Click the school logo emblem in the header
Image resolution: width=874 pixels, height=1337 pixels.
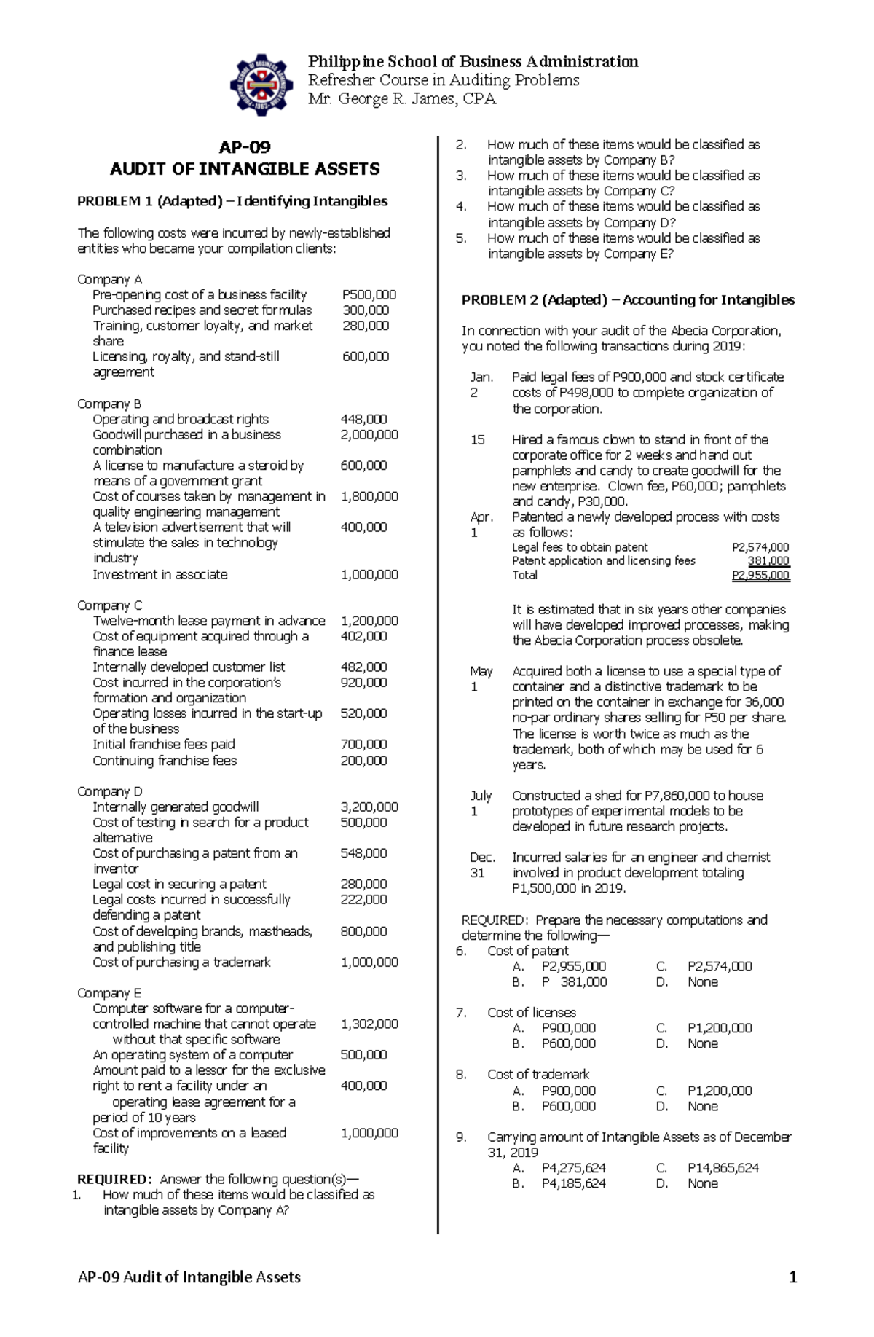click(x=261, y=85)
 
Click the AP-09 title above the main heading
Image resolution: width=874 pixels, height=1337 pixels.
click(x=245, y=147)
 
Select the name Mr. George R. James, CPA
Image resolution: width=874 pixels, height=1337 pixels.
click(x=402, y=99)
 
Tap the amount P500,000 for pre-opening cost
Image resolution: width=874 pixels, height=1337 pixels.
click(x=369, y=295)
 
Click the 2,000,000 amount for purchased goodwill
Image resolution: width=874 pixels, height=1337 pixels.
click(x=369, y=435)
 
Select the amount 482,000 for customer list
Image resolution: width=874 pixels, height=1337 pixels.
click(x=363, y=667)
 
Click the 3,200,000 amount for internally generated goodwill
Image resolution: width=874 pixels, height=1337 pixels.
click(x=369, y=807)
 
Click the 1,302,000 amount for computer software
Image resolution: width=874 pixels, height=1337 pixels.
click(x=369, y=1024)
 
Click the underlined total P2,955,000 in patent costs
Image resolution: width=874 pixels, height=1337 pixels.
click(x=760, y=576)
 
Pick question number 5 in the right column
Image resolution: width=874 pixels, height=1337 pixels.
click(x=460, y=238)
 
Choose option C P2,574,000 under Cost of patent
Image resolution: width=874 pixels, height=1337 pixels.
click(x=719, y=967)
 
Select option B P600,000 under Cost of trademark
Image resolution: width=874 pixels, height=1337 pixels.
click(x=568, y=1107)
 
